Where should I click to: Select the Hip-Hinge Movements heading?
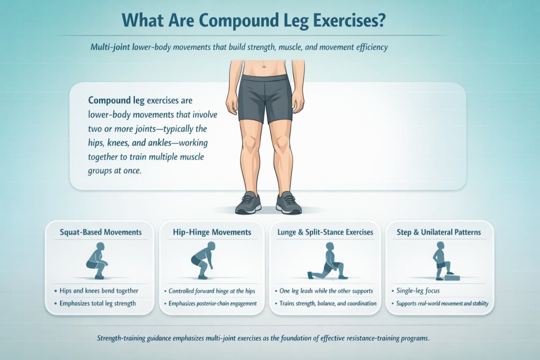click(x=212, y=232)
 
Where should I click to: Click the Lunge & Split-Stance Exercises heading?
click(x=324, y=232)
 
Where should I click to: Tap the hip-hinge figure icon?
click(x=203, y=260)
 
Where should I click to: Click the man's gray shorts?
click(x=265, y=98)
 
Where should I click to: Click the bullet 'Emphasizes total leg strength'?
click(x=98, y=303)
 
